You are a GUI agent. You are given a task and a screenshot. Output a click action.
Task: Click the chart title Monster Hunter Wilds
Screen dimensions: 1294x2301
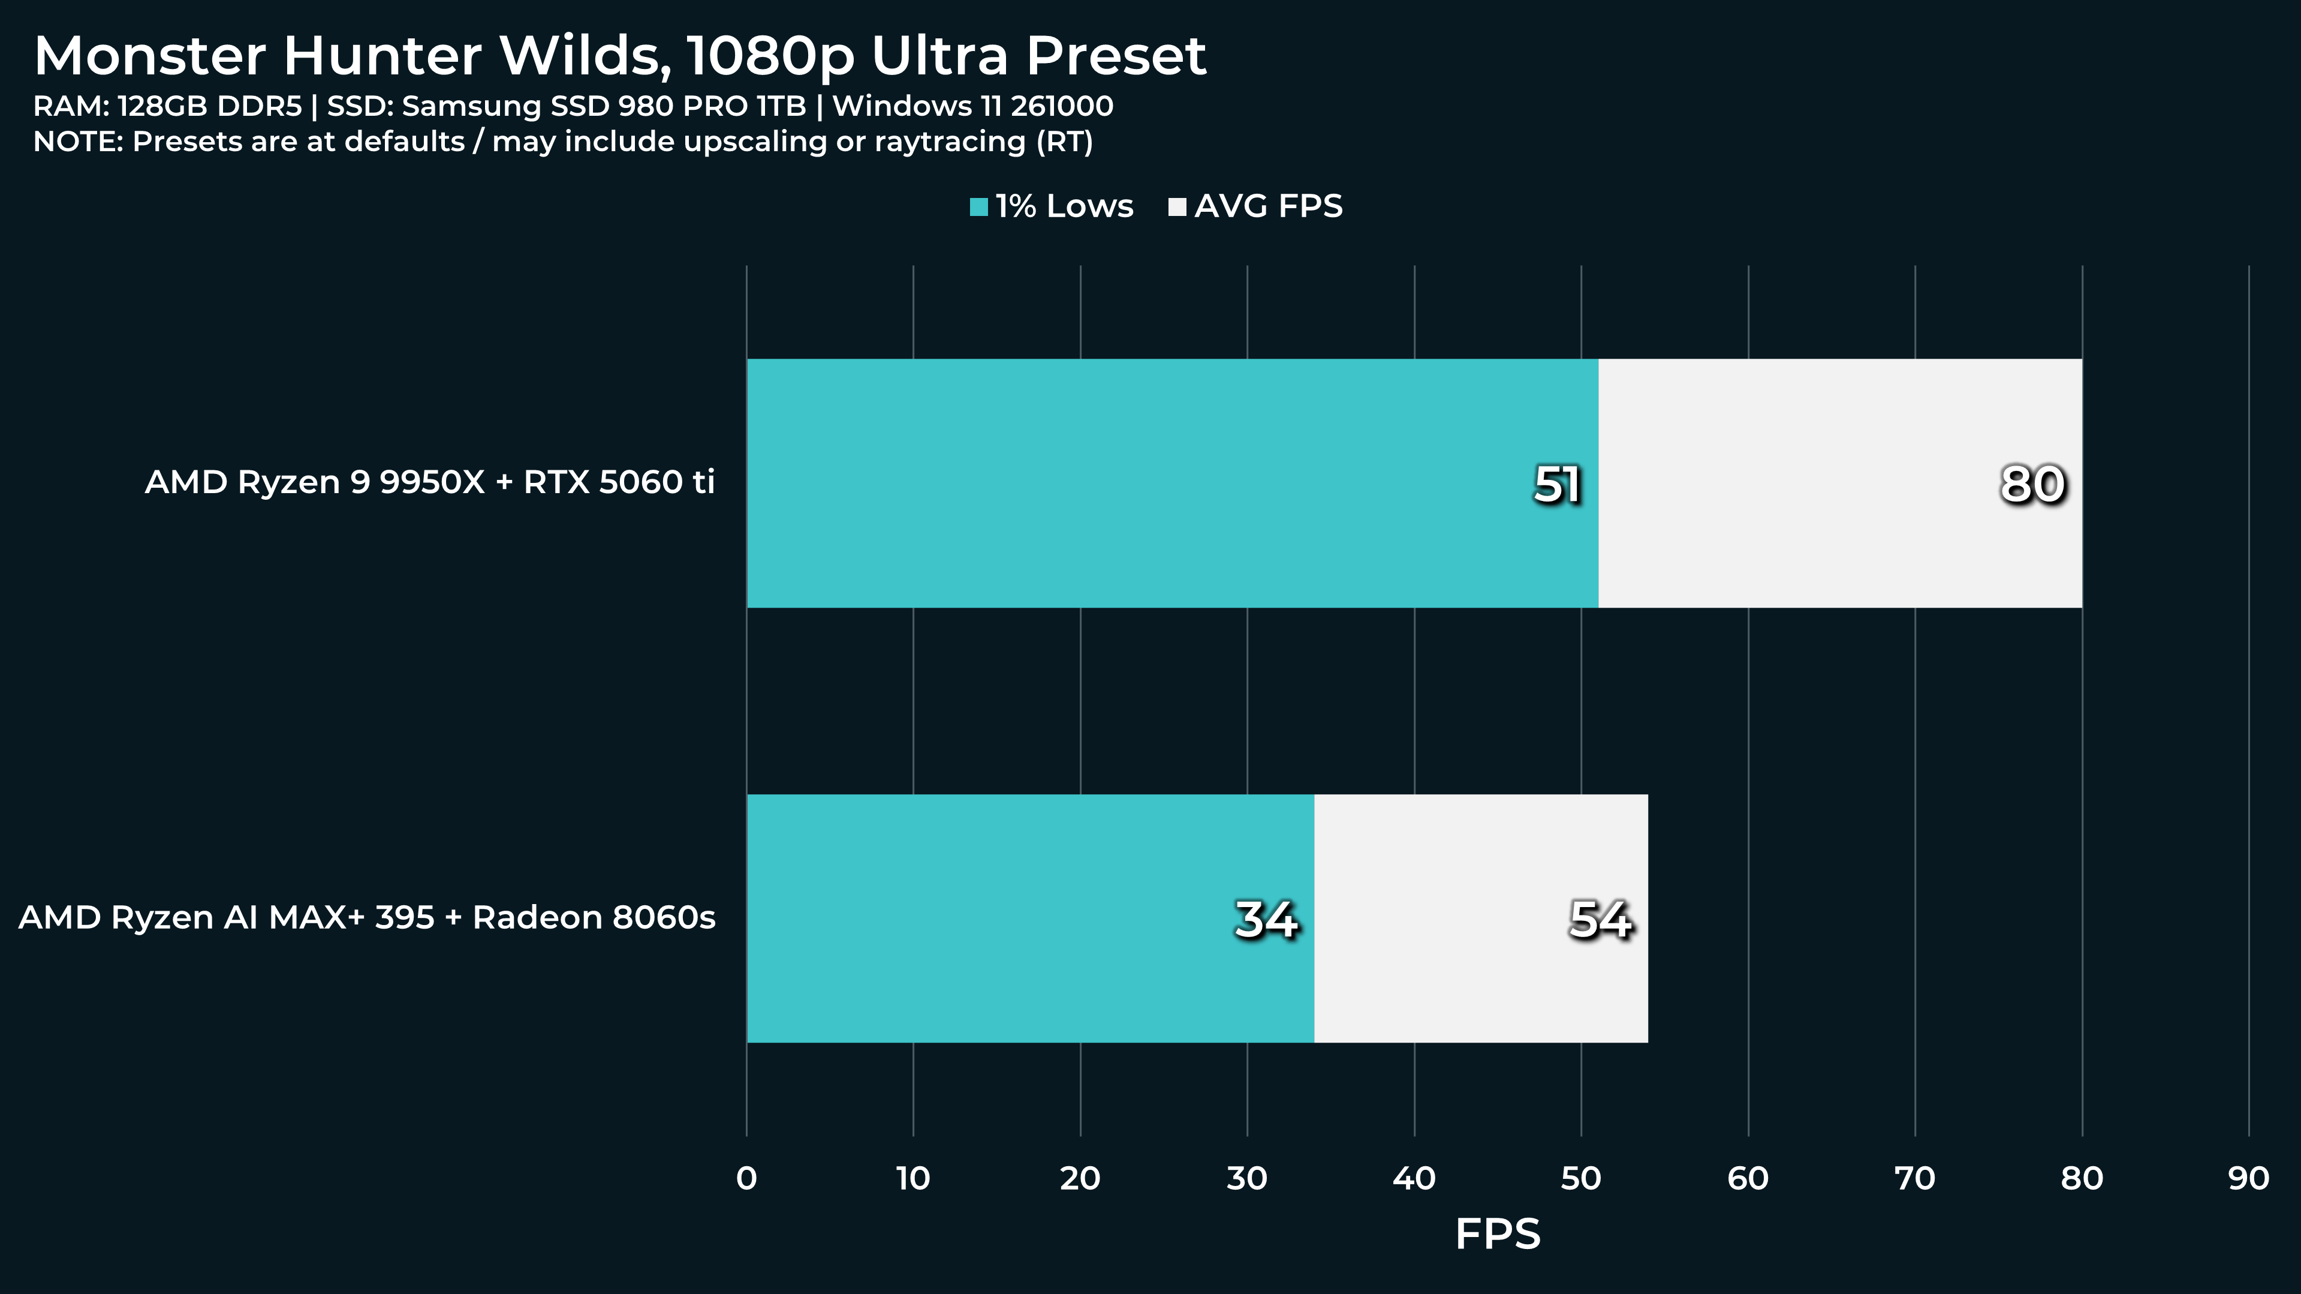[620, 55]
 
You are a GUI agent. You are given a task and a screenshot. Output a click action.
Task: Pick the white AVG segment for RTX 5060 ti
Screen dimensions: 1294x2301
[1840, 484]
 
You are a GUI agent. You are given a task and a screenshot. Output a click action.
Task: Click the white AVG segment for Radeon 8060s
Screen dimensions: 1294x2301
[1481, 918]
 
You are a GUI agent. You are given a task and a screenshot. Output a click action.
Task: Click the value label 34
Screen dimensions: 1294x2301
[1266, 920]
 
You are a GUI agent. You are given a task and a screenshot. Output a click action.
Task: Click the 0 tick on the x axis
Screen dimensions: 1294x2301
[747, 1179]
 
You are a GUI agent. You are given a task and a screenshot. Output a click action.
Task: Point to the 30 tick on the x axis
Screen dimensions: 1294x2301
[1247, 1179]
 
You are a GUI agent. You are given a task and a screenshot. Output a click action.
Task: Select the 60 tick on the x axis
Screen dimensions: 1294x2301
[1748, 1179]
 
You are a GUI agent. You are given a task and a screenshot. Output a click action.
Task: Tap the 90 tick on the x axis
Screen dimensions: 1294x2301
[2248, 1179]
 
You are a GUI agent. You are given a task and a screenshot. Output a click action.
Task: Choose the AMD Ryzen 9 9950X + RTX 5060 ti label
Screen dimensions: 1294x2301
[430, 482]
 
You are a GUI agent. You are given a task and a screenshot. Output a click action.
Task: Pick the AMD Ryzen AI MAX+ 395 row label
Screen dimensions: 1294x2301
[367, 918]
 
